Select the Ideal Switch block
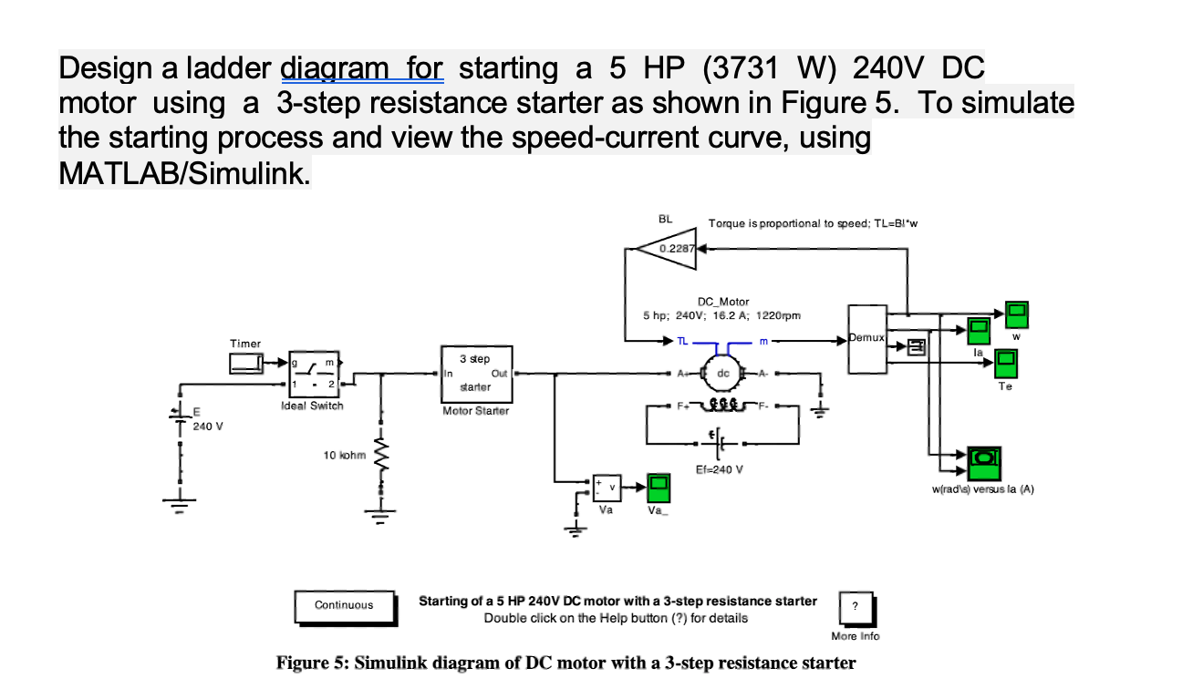point(313,374)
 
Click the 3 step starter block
point(478,374)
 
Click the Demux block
point(868,339)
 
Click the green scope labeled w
point(1016,315)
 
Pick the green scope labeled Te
point(1005,365)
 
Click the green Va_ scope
point(658,488)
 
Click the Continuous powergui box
point(344,605)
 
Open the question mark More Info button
point(855,607)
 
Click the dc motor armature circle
point(721,373)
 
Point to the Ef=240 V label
point(720,471)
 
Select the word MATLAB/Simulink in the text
point(184,172)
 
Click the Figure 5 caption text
point(565,663)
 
